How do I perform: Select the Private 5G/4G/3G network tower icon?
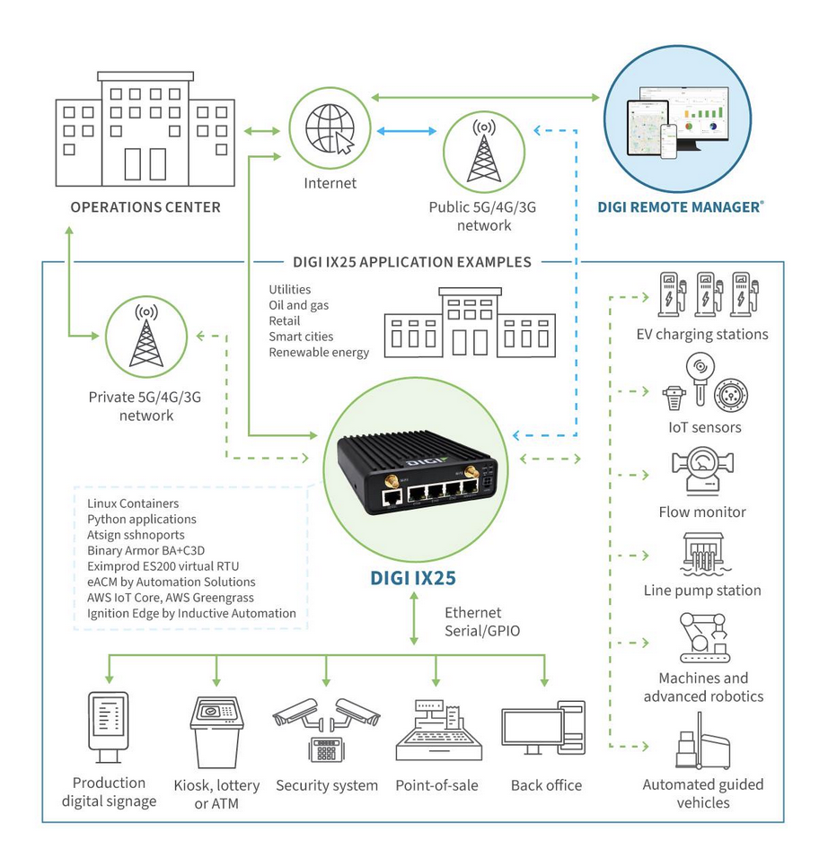coord(145,337)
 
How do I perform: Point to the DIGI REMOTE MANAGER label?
coord(681,207)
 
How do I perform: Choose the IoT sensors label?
coord(705,427)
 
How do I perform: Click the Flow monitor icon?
coord(705,472)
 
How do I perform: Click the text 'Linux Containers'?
coord(133,503)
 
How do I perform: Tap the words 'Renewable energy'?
coord(319,353)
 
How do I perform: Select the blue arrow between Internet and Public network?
coord(407,132)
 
